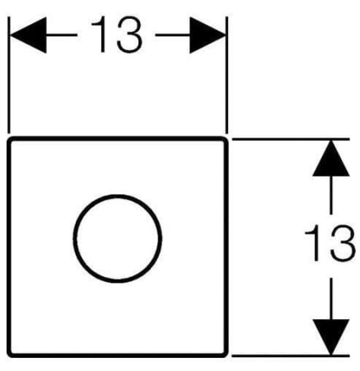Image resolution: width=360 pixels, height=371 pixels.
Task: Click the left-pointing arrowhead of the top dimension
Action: coord(28,35)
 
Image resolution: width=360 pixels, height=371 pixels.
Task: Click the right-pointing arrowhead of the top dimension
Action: coord(208,35)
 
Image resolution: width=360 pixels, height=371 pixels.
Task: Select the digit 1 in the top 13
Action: coord(100,35)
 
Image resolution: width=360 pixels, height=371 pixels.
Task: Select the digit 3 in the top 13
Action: coord(129,35)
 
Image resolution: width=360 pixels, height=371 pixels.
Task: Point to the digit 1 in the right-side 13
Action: coord(313,243)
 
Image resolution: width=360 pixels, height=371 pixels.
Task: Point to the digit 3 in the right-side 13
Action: coord(343,243)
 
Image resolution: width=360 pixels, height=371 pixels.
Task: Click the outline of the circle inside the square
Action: coord(118,195)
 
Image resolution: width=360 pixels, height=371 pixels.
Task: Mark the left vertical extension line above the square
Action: coord(9,75)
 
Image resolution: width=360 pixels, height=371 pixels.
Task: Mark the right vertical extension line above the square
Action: coord(227,75)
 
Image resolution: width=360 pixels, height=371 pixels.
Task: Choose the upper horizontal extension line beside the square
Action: coord(291,139)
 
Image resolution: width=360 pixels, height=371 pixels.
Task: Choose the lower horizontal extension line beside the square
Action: coord(291,355)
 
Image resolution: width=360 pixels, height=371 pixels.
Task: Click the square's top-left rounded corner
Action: coord(10,139)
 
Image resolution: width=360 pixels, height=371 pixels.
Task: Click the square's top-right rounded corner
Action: coord(226,139)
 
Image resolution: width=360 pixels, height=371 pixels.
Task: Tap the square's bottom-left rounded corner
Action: coord(10,355)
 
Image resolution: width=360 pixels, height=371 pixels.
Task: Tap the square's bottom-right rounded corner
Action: coord(226,355)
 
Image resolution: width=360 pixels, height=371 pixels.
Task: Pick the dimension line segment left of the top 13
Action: coord(62,35)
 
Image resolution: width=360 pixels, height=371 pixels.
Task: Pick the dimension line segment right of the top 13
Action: coord(173,35)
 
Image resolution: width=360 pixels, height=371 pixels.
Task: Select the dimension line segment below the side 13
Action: coord(331,298)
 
